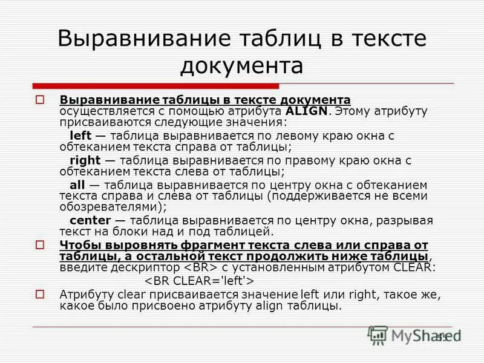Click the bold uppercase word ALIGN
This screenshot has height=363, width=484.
pyautogui.click(x=307, y=111)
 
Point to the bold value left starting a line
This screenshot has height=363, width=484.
pyautogui.click(x=80, y=135)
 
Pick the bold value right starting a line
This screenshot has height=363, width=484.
pyautogui.click(x=84, y=160)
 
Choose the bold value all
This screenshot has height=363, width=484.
pyautogui.click(x=77, y=185)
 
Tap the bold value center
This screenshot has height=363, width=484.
pyautogui.click(x=90, y=220)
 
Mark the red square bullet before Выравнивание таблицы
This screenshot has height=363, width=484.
pyautogui.click(x=41, y=99)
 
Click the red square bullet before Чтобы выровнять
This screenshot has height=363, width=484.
pyautogui.click(x=41, y=245)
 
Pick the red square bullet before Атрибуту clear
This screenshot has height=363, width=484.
pyautogui.click(x=41, y=295)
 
